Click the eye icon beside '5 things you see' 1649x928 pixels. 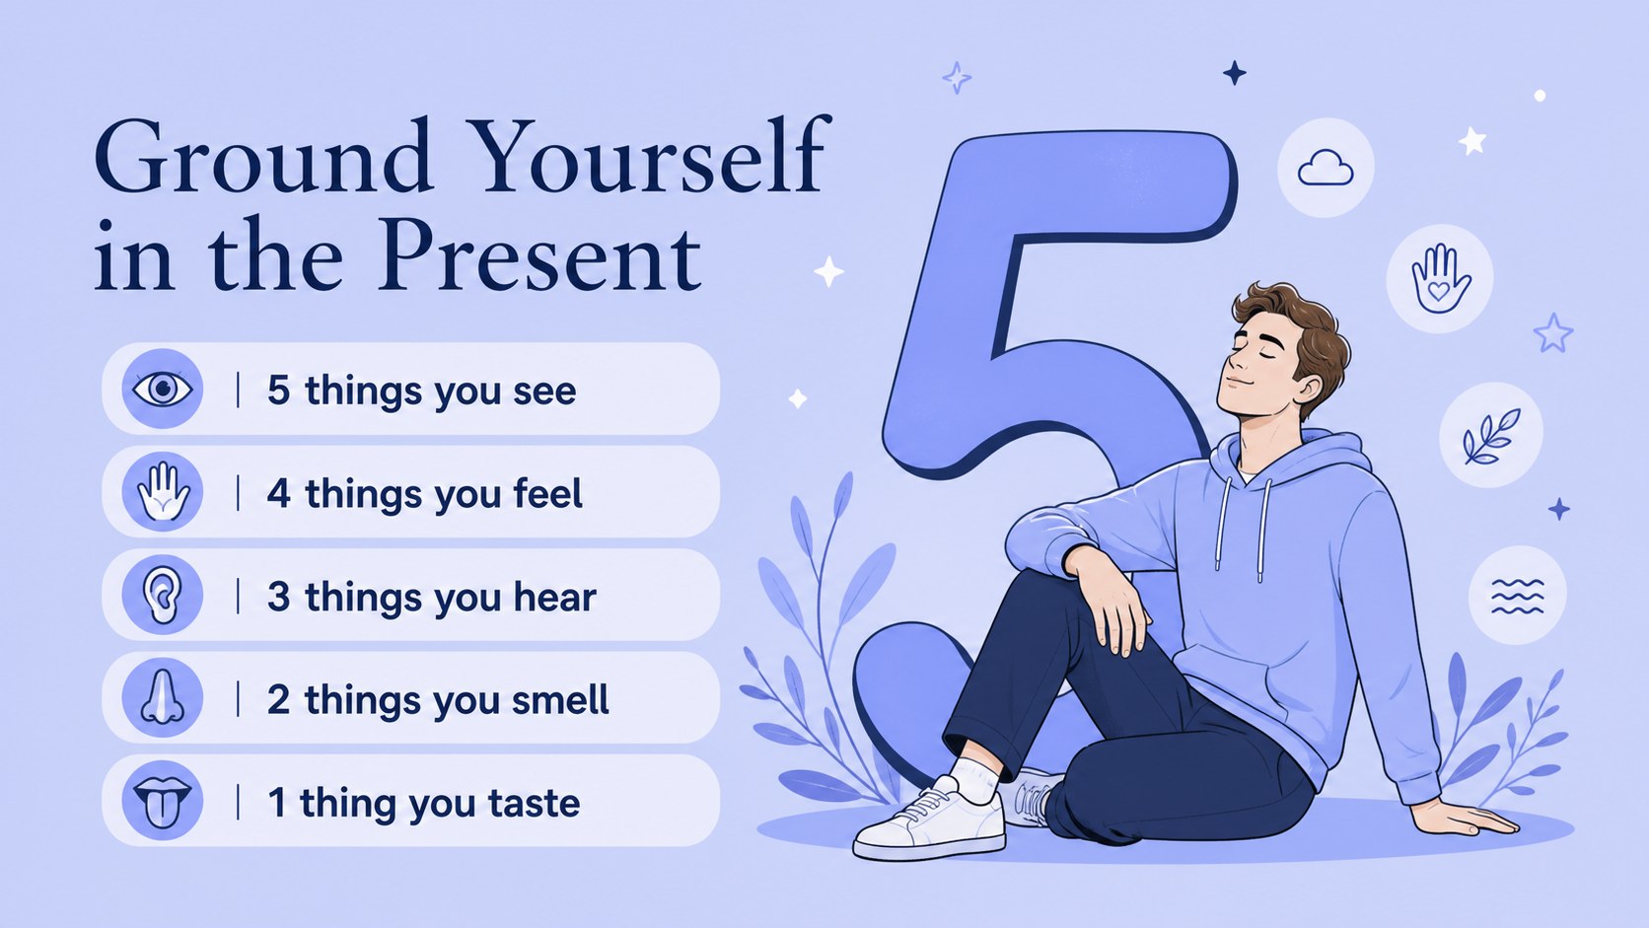[162, 388]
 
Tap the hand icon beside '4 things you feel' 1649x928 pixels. [163, 491]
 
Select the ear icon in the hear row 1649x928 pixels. [162, 595]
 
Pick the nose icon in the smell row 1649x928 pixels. [162, 697]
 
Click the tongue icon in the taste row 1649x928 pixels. [162, 801]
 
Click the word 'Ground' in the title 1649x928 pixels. [262, 158]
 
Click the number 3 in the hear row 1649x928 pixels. [278, 596]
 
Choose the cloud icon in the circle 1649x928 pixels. [1326, 168]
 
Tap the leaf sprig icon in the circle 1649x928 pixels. [1491, 436]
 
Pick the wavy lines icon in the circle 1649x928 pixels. [1517, 596]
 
